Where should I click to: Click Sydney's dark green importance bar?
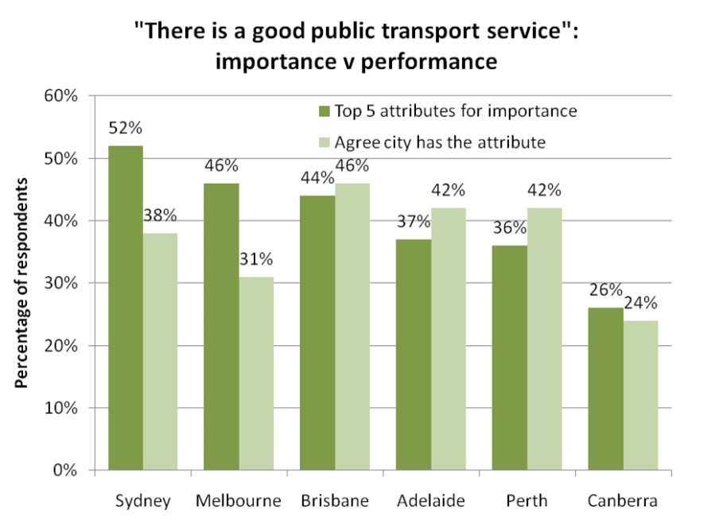[x=126, y=309]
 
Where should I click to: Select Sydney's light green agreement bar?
[x=161, y=351]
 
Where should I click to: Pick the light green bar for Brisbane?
[x=352, y=327]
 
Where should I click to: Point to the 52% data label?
[x=126, y=128]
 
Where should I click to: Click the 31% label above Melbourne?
[x=257, y=259]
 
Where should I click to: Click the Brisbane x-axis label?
[x=335, y=501]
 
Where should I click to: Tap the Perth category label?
[x=527, y=501]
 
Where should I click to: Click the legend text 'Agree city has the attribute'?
[x=440, y=142]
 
